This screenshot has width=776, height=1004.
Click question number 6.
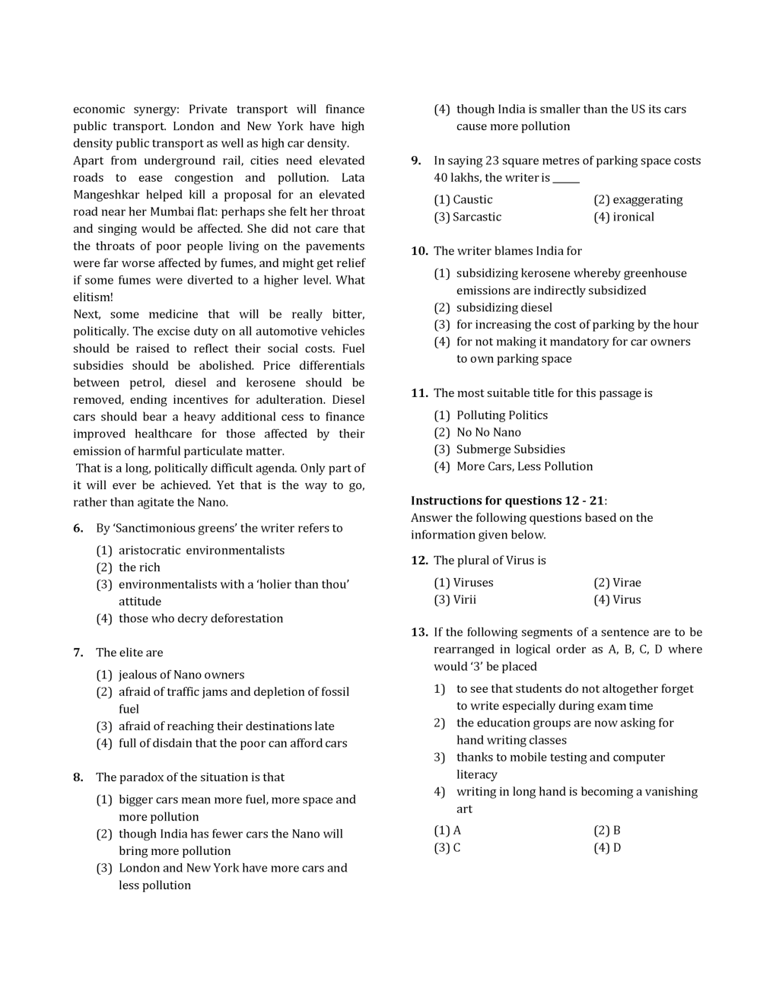[78, 529]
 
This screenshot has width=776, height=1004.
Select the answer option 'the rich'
[139, 567]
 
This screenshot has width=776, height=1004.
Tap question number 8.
[78, 777]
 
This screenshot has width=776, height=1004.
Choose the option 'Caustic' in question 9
[472, 200]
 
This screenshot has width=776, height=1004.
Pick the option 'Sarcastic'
[476, 217]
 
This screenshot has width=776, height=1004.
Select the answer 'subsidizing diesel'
[504, 307]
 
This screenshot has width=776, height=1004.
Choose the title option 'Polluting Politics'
[501, 415]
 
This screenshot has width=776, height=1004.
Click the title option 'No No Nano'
[488, 432]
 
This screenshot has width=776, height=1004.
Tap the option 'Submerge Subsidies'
[510, 450]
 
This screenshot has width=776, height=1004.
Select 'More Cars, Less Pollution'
[524, 466]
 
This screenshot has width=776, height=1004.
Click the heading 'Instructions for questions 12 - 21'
[508, 500]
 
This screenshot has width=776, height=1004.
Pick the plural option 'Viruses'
[472, 583]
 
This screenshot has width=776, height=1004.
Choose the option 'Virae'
[626, 583]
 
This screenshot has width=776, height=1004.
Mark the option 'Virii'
[464, 599]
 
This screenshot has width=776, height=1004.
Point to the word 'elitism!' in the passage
[93, 297]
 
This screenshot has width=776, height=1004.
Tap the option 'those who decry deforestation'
[200, 618]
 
